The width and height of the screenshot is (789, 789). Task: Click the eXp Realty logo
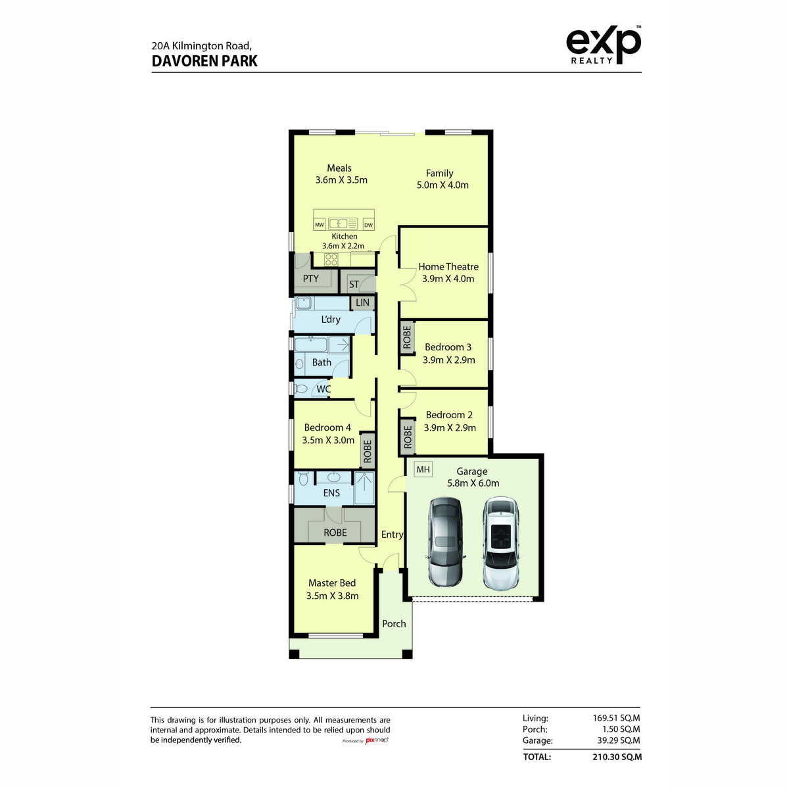coord(603,45)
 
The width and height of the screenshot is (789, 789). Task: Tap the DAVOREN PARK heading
coord(204,61)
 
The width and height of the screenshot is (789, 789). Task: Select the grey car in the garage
coord(445,541)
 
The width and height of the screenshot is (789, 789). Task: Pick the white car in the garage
coord(500,543)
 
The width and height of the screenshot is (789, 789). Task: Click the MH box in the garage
coord(423,469)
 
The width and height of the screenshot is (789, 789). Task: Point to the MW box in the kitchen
coord(319,224)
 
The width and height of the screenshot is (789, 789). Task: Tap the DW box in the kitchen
coord(368,224)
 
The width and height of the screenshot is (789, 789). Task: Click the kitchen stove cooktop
coord(331,259)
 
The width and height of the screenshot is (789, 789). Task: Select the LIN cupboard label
coord(362,302)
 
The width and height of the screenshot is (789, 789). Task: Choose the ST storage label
coord(354,284)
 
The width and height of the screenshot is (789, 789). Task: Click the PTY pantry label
coord(310,278)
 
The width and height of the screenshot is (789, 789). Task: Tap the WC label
coord(323,389)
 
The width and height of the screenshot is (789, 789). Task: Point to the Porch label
coord(394,623)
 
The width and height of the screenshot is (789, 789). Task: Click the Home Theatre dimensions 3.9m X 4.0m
coord(448,279)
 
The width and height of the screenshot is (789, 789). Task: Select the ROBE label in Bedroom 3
coord(406,337)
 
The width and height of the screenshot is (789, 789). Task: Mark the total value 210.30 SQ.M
coord(617,757)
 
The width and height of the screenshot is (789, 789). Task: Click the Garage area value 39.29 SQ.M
coord(618,740)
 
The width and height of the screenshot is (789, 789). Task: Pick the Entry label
coord(393,535)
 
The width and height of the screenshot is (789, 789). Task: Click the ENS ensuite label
coord(331,493)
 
